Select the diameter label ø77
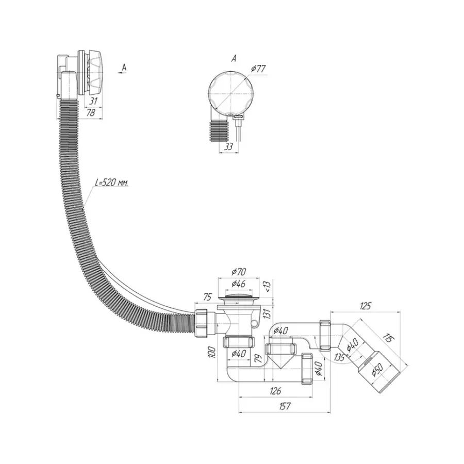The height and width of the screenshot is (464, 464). coord(259,68)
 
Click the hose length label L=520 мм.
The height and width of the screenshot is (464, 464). coord(112,183)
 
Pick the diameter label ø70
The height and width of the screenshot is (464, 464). coord(238,271)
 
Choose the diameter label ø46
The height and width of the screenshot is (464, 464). coord(238,283)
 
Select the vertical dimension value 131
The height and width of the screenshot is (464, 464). coord(267,312)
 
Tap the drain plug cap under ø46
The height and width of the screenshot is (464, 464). coord(238,295)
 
